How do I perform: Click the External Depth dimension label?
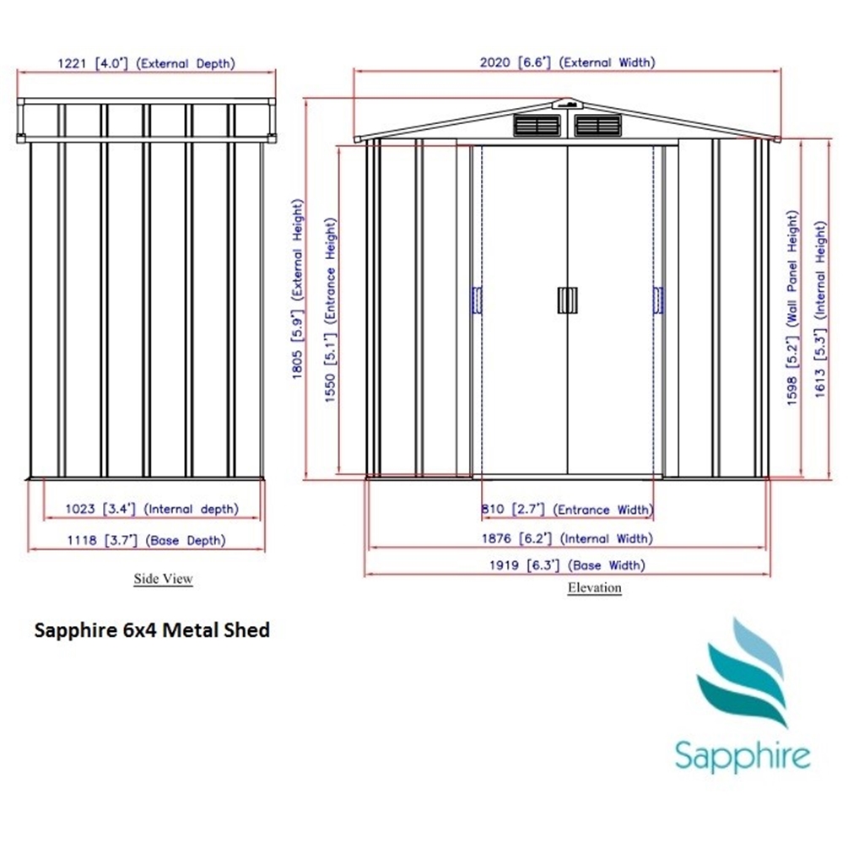[x=147, y=63]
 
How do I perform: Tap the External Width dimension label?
[x=568, y=62]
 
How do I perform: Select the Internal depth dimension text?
[x=152, y=509]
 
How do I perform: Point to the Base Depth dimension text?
[x=147, y=540]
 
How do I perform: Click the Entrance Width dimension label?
[x=567, y=509]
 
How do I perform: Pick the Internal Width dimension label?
[x=567, y=537]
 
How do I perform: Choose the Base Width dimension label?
[x=567, y=564]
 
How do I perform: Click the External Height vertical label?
[x=297, y=289]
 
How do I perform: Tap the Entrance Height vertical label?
[x=330, y=310]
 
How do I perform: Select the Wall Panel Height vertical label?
[x=791, y=307]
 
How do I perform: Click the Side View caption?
[x=163, y=579]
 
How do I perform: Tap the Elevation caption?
[x=595, y=587]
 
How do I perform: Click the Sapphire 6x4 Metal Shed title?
[x=152, y=629]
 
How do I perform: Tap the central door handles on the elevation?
[x=567, y=300]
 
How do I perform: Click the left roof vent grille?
[x=537, y=126]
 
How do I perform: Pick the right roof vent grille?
[x=598, y=126]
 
